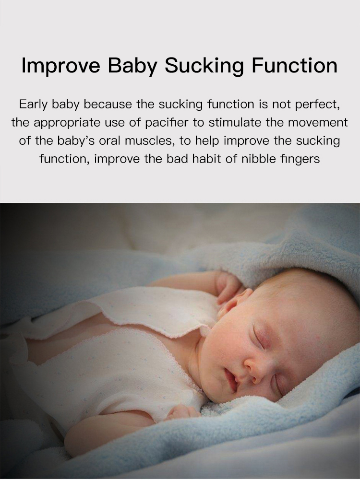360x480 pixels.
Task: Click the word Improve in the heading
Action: pos(61,65)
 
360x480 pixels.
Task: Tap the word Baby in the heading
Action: pos(132,65)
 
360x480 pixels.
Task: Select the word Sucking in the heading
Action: pos(204,65)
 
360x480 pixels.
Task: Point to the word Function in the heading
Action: pos(294,65)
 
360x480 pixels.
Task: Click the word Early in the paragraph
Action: pos(34,105)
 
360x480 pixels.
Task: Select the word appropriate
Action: pos(67,123)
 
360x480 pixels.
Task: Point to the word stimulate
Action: pos(235,122)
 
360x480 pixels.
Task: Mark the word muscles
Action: pos(149,141)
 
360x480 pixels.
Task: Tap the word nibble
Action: pos(259,159)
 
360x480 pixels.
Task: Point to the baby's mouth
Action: pos(231,380)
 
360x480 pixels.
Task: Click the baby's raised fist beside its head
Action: pos(228,286)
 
